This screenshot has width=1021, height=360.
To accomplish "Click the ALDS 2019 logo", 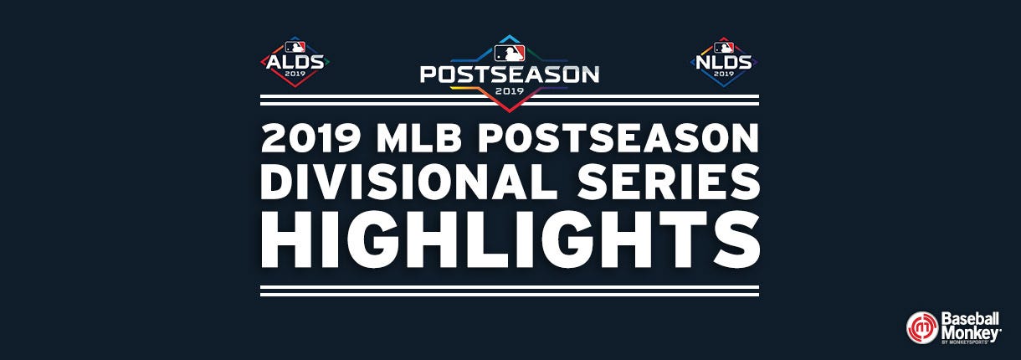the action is click(295, 61).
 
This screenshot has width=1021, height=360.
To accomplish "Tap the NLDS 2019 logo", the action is click(724, 61).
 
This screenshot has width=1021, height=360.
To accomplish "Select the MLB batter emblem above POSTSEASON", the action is click(510, 53).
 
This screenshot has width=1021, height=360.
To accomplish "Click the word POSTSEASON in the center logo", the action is click(510, 75).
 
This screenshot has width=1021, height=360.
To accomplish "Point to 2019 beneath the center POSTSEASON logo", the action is click(510, 90).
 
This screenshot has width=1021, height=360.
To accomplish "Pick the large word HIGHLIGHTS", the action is click(510, 239).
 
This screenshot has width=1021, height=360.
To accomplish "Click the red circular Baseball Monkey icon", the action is click(922, 327).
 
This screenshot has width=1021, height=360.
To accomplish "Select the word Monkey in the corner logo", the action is click(971, 333).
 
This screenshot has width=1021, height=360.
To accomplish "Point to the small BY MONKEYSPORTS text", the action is click(965, 342).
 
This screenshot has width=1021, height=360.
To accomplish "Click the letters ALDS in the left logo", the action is click(295, 62).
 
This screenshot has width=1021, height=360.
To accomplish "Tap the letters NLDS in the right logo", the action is click(724, 62).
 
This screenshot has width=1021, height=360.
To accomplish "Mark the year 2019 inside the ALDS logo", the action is click(295, 74).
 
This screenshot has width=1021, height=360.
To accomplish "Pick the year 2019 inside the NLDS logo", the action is click(724, 74).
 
